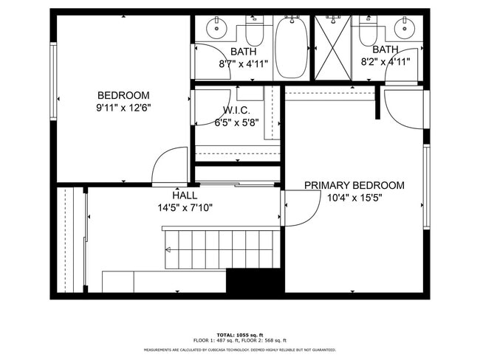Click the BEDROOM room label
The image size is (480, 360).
coord(124,95)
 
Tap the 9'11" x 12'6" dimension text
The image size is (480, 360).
coord(124,107)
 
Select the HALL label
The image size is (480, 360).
coord(185,195)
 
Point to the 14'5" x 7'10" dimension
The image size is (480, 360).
coord(185,207)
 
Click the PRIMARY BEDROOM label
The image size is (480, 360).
coord(354,185)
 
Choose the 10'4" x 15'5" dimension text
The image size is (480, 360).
coord(354,197)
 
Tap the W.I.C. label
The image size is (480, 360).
coord(238,111)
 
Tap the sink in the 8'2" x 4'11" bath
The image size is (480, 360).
coord(403,30)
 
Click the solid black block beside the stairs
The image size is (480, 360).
coord(255,281)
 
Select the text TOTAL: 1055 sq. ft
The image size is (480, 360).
coord(240,335)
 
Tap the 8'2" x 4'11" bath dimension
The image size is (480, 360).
coord(385,62)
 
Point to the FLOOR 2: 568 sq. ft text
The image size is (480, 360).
coord(271,341)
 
